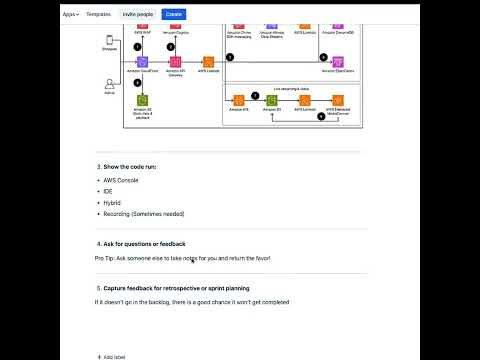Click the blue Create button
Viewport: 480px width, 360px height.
(173, 15)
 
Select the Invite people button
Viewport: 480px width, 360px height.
(139, 15)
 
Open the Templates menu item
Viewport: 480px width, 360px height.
(98, 15)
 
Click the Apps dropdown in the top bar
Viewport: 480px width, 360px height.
(70, 15)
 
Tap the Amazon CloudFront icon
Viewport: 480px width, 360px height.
(143, 62)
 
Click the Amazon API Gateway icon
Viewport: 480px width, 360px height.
(175, 62)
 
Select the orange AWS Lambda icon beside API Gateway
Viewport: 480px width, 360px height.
(208, 62)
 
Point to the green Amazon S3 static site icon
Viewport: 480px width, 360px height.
(143, 100)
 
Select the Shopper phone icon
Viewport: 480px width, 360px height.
(109, 41)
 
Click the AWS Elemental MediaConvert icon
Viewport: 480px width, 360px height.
(338, 100)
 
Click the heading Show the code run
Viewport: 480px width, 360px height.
(126, 165)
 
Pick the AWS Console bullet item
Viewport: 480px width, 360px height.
(121, 180)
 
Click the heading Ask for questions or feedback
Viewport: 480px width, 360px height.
(143, 243)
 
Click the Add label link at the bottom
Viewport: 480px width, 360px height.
(112, 356)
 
